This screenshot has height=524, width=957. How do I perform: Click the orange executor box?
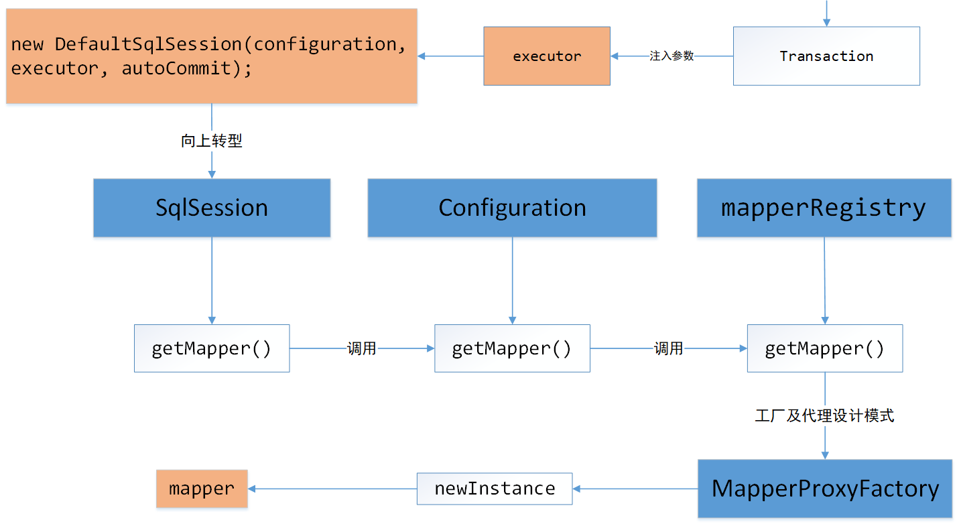547,56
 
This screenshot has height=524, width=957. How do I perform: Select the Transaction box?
826,56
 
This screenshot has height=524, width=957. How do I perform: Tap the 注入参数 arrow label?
672,56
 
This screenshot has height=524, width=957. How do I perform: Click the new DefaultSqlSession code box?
212,56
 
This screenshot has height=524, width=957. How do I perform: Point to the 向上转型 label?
212,141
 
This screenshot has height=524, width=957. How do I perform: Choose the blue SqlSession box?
212,208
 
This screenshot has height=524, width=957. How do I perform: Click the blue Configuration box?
512,208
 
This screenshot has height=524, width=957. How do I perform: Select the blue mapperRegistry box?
824,208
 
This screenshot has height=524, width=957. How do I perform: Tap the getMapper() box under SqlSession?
212,348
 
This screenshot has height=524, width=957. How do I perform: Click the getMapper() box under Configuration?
512,348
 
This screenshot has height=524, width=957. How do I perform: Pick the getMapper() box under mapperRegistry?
824,348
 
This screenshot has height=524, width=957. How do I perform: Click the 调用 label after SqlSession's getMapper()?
361,348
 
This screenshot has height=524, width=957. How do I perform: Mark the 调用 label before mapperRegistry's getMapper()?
668,348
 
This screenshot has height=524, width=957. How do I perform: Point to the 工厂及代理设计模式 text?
824,416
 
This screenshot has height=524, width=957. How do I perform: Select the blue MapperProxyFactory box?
825,488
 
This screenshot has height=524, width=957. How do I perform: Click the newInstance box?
495,488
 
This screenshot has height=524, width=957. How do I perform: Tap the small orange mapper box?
202,488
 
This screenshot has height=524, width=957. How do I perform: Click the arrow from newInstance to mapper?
332,488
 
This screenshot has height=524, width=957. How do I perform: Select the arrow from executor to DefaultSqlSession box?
450,56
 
